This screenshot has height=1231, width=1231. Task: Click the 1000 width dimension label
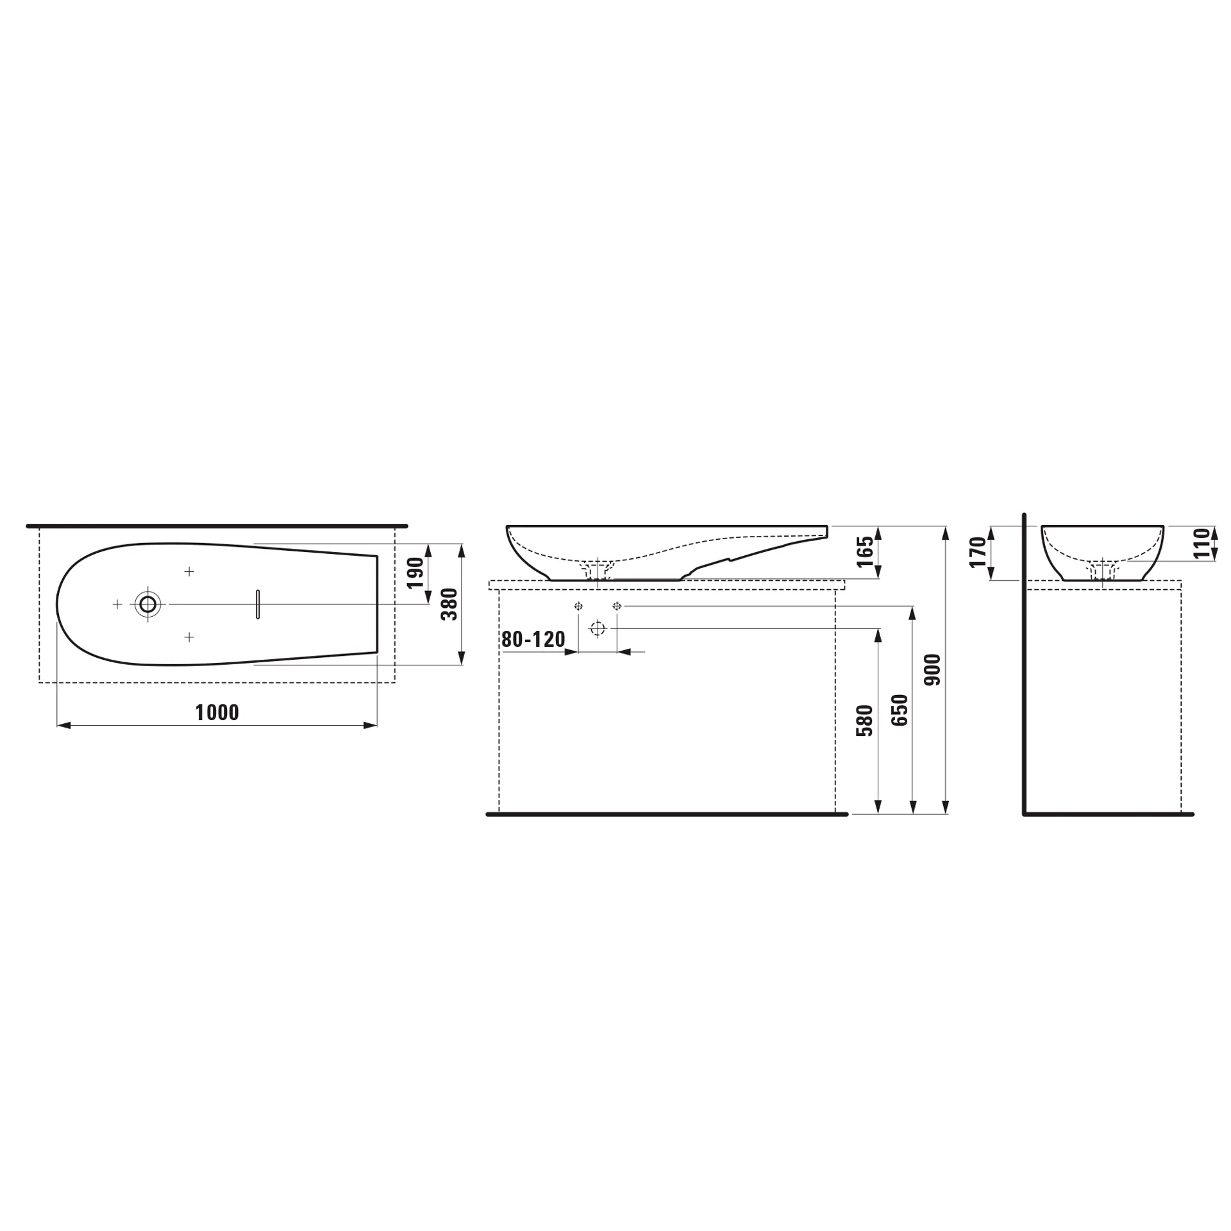click(x=217, y=712)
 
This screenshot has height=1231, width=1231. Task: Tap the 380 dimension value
click(x=449, y=604)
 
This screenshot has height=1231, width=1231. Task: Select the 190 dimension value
click(x=415, y=573)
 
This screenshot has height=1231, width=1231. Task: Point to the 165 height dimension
click(x=865, y=552)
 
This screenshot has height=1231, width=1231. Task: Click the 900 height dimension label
click(x=932, y=670)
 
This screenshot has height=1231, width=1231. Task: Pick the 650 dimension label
click(x=900, y=710)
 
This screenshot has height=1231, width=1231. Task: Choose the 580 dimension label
click(x=865, y=721)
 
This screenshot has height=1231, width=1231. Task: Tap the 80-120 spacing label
click(x=533, y=639)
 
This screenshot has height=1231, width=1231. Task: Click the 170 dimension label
click(x=978, y=553)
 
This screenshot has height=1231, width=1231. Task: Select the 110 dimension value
click(x=1202, y=542)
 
